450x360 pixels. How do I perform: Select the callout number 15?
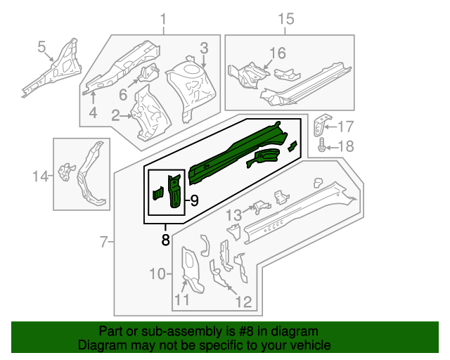coord(285,19)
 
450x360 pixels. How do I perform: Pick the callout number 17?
coord(345,127)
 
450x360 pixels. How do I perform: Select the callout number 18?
coord(345,146)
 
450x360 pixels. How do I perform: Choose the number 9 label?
coord(194,201)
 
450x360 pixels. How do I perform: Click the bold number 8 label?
coord(165,239)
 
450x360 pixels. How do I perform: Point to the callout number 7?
coord(103,243)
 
